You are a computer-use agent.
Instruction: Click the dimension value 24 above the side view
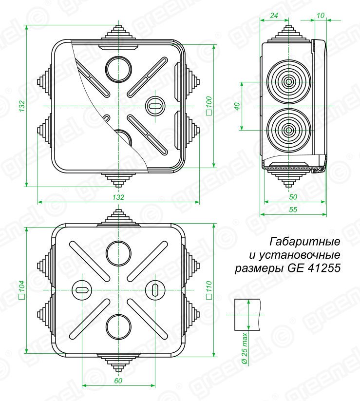274,16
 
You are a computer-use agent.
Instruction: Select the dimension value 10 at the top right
320,16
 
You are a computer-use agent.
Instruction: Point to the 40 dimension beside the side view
237,106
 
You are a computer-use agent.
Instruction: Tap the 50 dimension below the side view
293,197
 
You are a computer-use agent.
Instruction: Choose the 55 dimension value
293,210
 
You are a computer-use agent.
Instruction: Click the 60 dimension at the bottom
118,381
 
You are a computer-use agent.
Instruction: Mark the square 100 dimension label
209,105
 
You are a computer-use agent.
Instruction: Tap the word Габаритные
304,242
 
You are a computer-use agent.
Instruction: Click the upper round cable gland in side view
288,82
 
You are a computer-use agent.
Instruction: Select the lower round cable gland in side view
288,130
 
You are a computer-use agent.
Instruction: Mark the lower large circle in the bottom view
118,326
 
